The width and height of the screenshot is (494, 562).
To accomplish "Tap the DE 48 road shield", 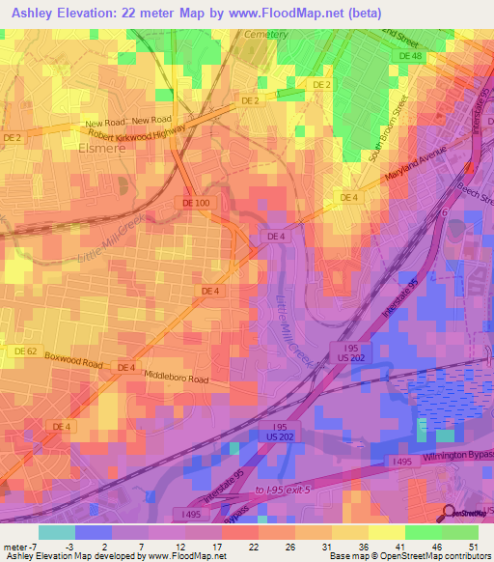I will click(411, 57).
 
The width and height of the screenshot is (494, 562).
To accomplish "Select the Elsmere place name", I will click(97, 151).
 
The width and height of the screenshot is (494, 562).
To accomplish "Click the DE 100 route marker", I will click(195, 203).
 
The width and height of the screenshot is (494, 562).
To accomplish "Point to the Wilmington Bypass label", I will click(455, 456).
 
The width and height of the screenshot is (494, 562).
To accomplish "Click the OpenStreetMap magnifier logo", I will click(450, 513).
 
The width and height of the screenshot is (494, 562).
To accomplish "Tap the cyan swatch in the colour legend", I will click(57, 532).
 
